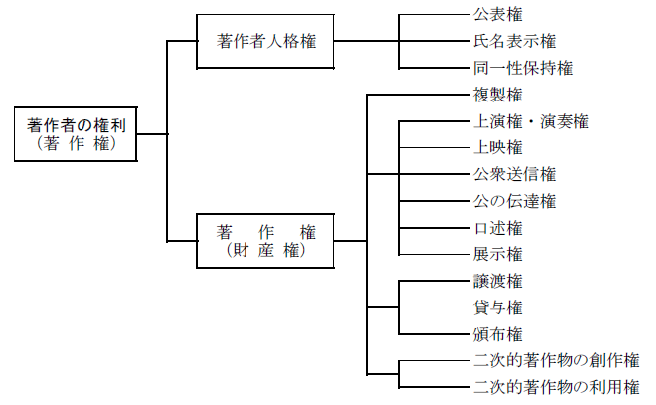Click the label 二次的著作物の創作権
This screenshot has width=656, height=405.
555,360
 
